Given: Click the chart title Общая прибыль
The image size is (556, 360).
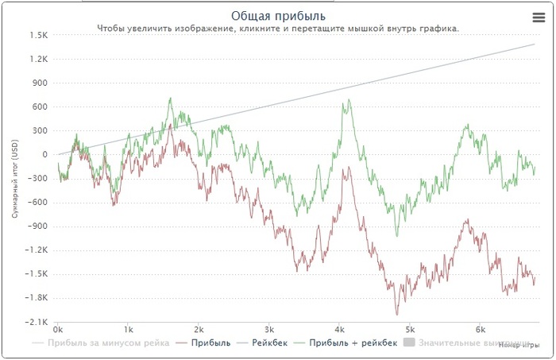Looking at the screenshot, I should click(x=278, y=16).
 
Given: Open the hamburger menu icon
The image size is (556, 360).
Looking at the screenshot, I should click(x=538, y=17).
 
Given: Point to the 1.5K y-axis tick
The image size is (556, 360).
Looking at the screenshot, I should click(x=39, y=35).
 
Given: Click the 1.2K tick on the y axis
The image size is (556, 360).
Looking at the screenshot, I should click(x=39, y=59).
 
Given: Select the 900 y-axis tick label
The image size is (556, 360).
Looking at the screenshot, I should click(x=41, y=83).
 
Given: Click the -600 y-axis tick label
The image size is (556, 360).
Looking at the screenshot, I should click(x=39, y=202).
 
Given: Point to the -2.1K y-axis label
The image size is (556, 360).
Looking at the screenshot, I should click(x=37, y=321).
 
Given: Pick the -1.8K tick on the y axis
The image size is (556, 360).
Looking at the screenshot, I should click(x=37, y=297).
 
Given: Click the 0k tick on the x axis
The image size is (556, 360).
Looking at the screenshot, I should click(x=58, y=329).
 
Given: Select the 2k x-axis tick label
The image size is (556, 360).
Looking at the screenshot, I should click(x=199, y=329).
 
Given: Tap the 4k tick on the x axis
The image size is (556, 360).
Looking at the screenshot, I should click(x=340, y=329).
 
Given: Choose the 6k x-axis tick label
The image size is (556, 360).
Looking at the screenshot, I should click(x=481, y=329).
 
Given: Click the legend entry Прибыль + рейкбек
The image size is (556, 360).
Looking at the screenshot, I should click(x=351, y=343).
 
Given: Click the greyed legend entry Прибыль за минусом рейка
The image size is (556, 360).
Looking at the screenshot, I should click(x=107, y=343).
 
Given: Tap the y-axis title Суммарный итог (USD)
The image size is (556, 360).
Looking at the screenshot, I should click(x=14, y=176).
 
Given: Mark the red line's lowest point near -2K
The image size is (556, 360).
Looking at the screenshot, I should click(x=396, y=315).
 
